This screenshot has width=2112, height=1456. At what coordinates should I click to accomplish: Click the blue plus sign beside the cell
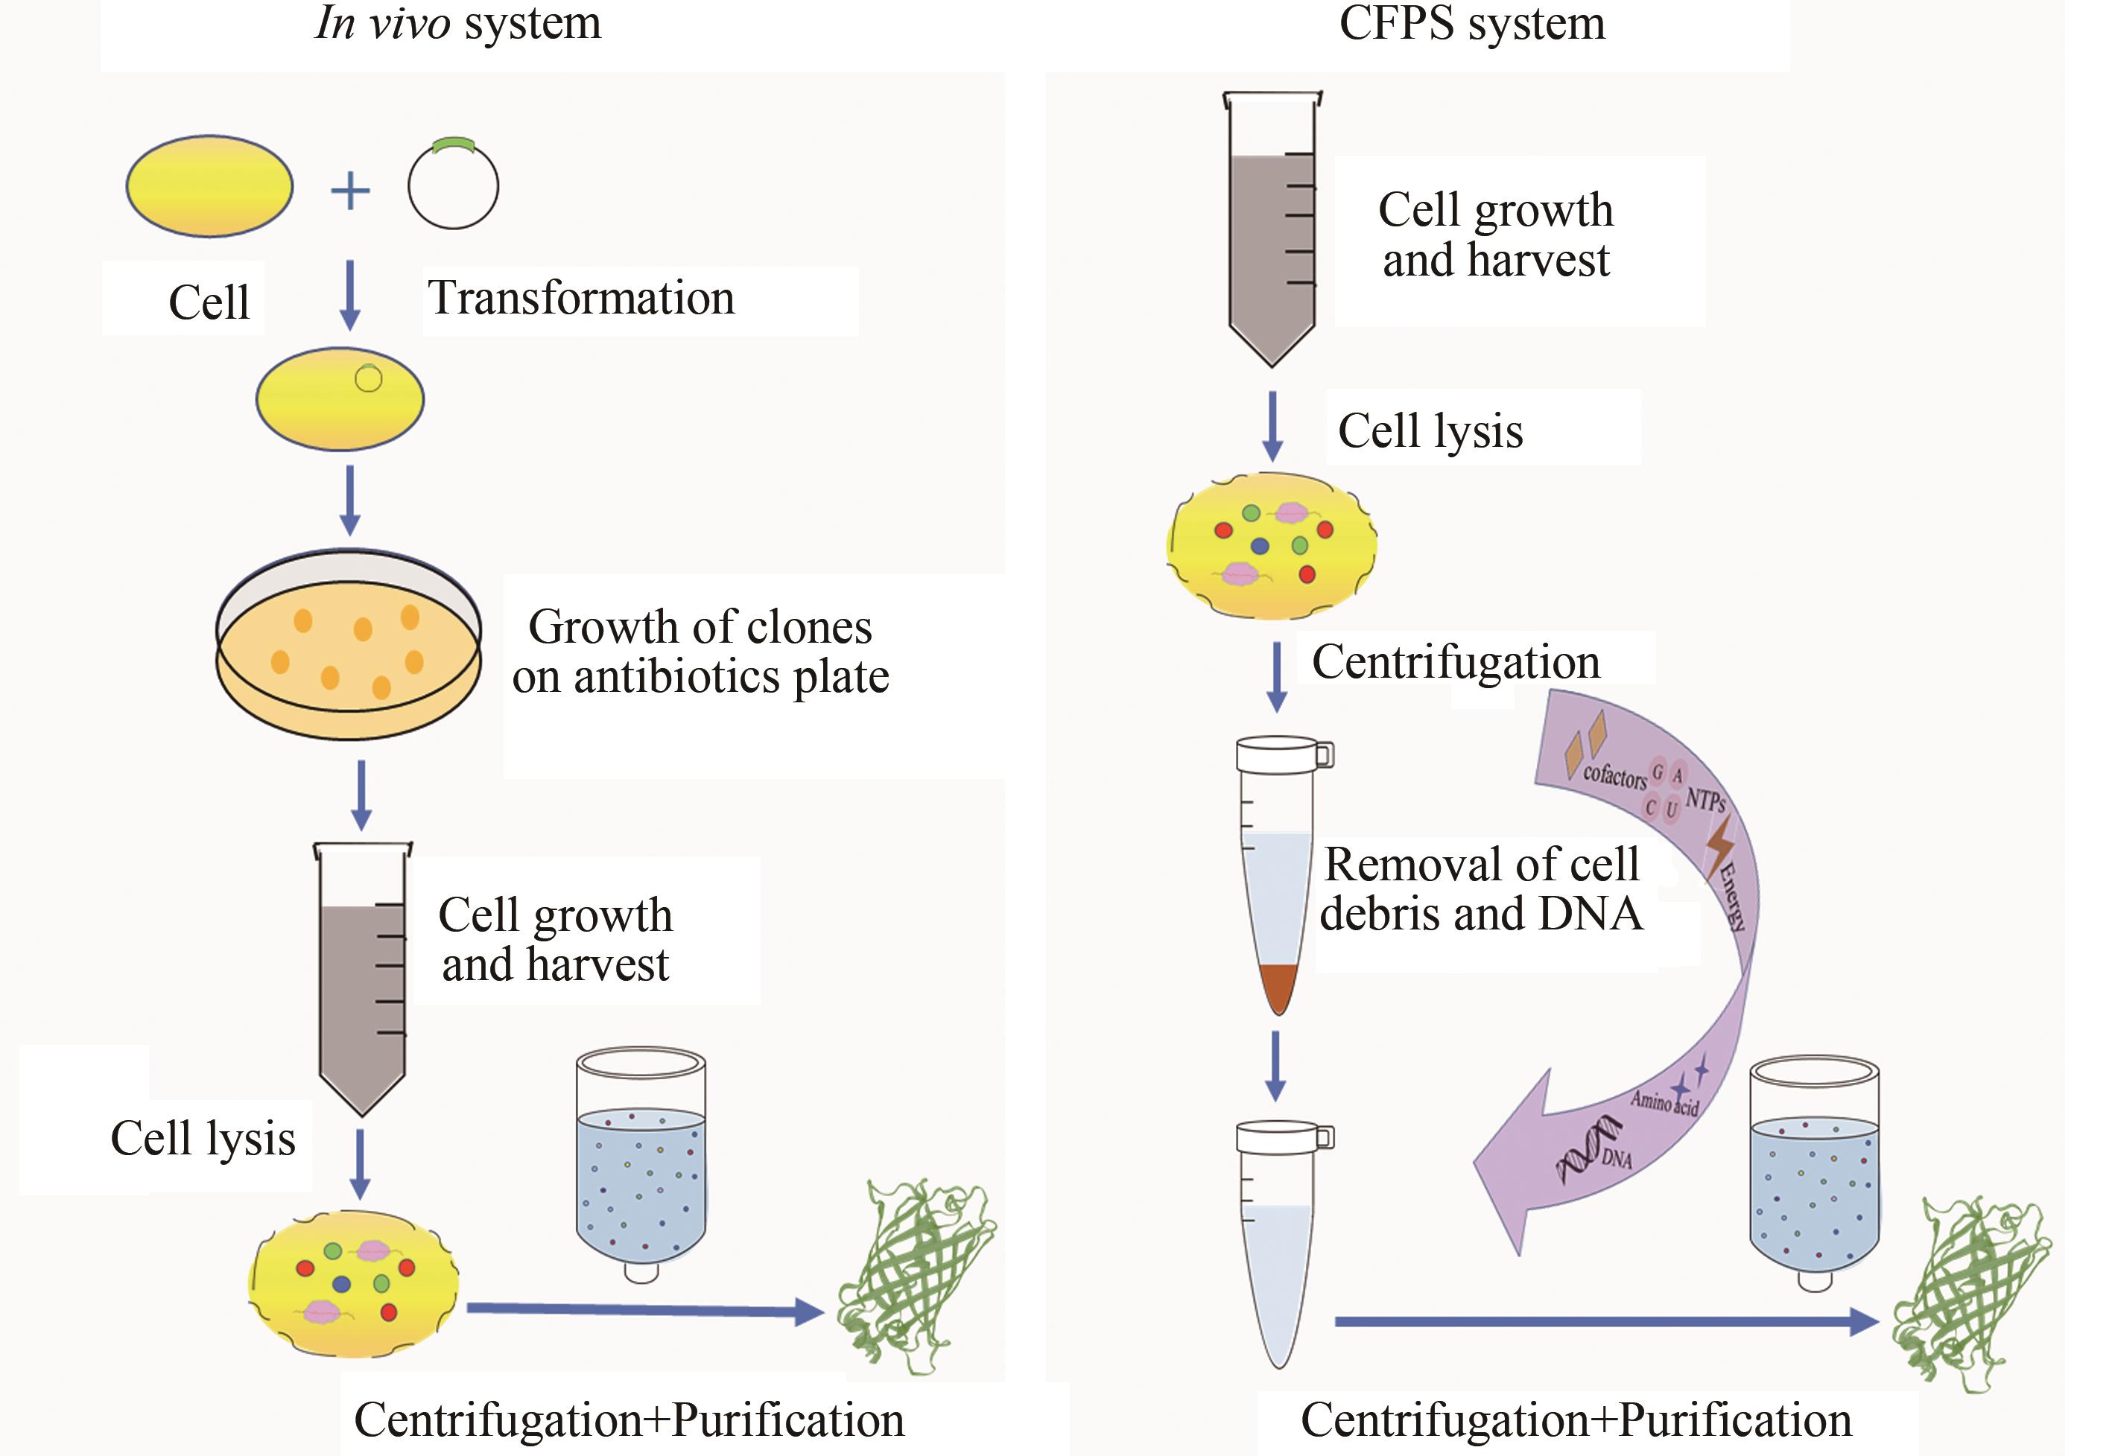coord(350,191)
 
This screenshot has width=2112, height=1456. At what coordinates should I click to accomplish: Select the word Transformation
coord(581,299)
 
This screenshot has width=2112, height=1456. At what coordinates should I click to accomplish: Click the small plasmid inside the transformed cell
coord(369,378)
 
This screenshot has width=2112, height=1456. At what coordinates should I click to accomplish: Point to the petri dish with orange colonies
coord(349,644)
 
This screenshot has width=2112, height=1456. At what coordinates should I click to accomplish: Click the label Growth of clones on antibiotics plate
coord(700,652)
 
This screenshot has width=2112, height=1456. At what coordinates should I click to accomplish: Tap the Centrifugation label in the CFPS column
coord(1456,661)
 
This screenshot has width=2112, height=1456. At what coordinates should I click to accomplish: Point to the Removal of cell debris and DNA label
coord(1482,888)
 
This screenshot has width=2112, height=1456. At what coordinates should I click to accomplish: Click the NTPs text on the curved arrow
coord(1704,800)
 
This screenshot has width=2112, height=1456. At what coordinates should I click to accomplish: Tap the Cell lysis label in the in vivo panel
coord(203,1139)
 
